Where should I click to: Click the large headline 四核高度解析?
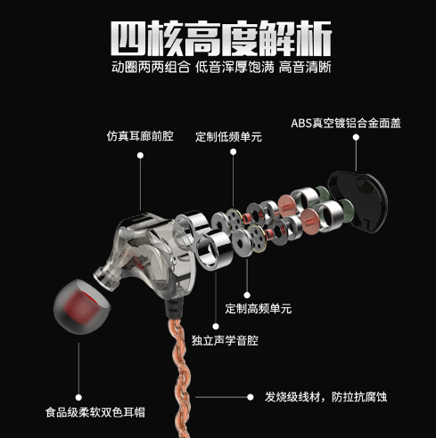point(221,38)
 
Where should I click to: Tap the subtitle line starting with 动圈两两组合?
point(221,68)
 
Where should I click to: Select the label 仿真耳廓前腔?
point(140,136)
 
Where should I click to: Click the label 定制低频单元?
point(228,137)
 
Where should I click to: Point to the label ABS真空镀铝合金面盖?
point(346,123)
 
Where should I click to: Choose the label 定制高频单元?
point(259,309)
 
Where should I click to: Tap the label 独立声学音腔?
point(225,340)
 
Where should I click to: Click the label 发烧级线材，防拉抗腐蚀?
point(325,397)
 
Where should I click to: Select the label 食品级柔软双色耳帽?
point(95,412)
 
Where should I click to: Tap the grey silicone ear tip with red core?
point(81,306)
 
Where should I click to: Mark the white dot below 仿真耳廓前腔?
point(140,155)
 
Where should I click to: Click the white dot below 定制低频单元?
point(234,152)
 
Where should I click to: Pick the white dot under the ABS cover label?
point(356,137)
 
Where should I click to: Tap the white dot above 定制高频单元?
point(247,295)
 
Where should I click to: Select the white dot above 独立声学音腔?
point(216,327)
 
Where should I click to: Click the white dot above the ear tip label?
point(78,397)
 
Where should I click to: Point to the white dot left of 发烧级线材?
point(251,397)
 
